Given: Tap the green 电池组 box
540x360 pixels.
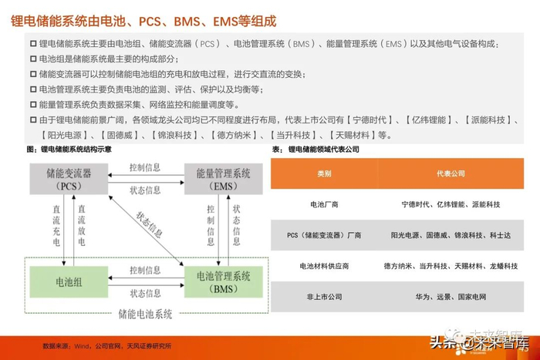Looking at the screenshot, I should click(67, 282).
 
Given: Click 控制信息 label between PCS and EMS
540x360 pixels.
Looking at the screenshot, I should click(145, 167).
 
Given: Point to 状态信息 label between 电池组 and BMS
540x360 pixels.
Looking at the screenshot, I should click(145, 294).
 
